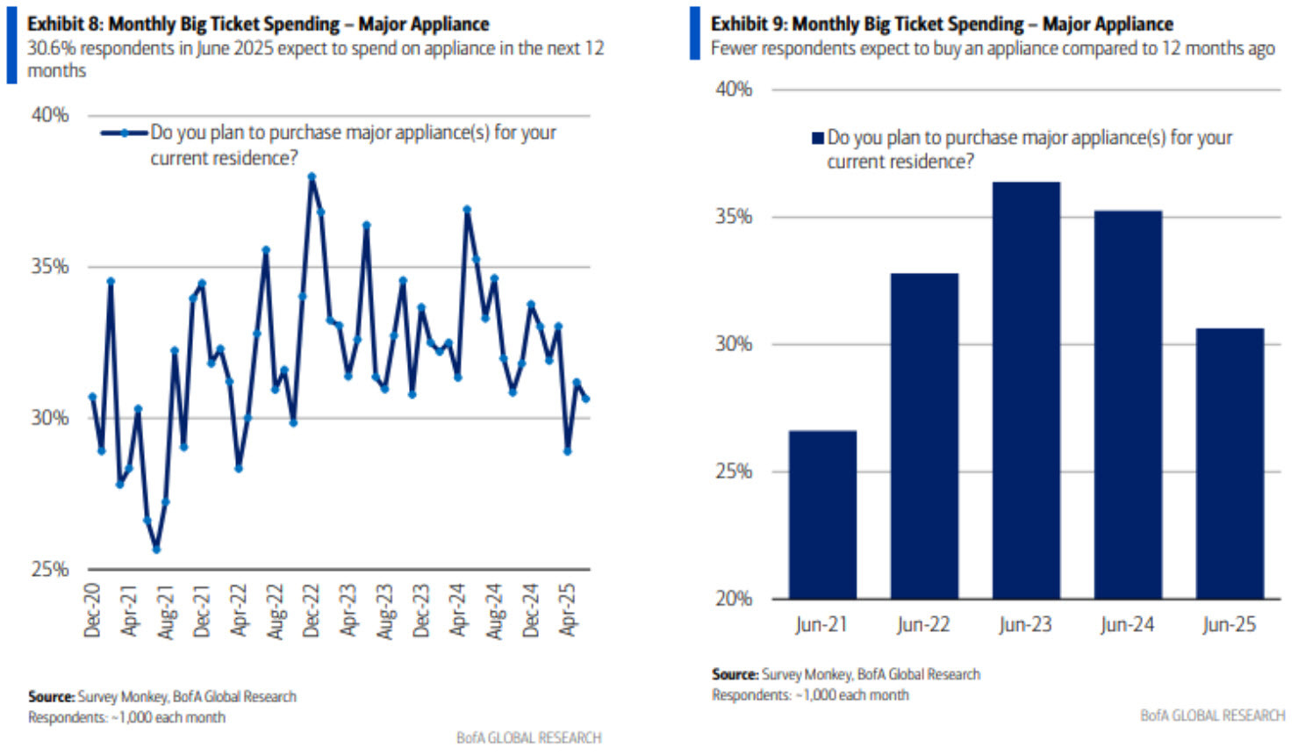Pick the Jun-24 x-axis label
click(x=1127, y=625)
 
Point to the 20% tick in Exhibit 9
click(x=734, y=599)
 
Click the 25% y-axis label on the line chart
click(x=50, y=569)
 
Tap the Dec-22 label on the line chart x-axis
click(x=312, y=610)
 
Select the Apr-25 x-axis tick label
click(x=568, y=610)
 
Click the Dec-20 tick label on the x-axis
click(x=92, y=610)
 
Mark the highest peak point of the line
click(x=312, y=176)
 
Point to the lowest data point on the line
click(x=156, y=550)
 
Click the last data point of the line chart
click(x=586, y=399)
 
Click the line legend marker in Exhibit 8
click(x=124, y=133)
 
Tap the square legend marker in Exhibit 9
click(x=818, y=138)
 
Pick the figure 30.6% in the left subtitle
click(x=52, y=48)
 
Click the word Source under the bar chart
click(x=735, y=674)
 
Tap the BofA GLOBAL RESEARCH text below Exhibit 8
click(x=528, y=737)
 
